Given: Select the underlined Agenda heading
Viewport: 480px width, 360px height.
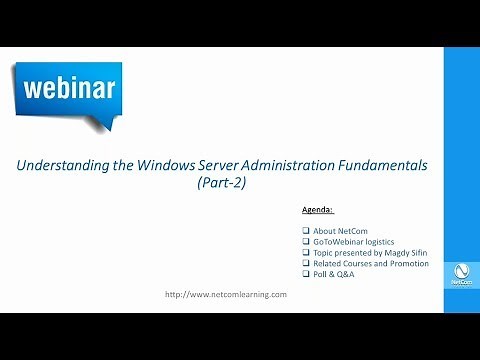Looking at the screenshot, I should pyautogui.click(x=317, y=212).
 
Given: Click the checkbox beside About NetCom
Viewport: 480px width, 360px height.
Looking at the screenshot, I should pyautogui.click(x=305, y=232).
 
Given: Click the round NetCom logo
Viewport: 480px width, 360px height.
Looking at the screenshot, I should pyautogui.click(x=461, y=272).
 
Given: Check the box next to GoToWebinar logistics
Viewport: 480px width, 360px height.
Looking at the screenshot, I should pyautogui.click(x=305, y=243).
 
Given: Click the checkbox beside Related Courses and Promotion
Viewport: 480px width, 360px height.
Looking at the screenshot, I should pyautogui.click(x=305, y=263).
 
